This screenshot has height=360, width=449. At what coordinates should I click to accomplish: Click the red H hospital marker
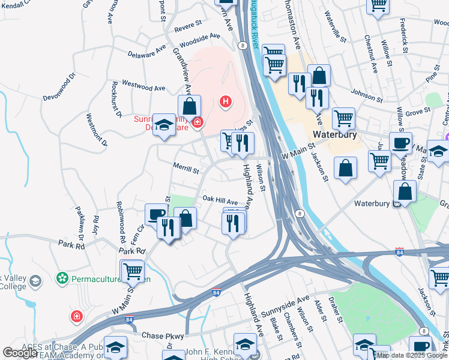coord(226,102)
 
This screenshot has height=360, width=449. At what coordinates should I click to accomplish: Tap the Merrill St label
coord(187,170)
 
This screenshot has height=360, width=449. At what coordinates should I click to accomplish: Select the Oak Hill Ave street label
coord(220,201)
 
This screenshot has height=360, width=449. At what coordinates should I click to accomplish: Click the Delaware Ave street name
coord(147,50)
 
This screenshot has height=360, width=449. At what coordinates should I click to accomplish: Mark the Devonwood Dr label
coord(59,88)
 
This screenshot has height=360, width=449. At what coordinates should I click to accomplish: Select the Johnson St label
coord(366,95)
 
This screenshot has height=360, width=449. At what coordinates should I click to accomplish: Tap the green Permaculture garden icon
coord(61,278)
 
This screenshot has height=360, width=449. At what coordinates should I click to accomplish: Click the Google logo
coord(19,353)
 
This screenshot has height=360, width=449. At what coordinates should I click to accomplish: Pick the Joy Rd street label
coord(95,227)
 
